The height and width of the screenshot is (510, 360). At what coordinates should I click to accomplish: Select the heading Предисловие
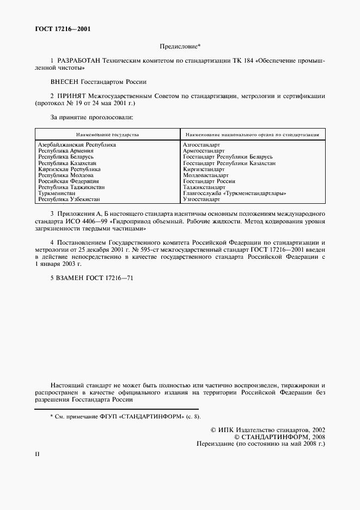pyautogui.click(x=180, y=47)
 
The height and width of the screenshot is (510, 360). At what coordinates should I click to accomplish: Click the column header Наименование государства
pyautogui.click(x=107, y=134)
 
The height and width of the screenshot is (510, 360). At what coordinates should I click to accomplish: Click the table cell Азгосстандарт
pyautogui.click(x=202, y=145)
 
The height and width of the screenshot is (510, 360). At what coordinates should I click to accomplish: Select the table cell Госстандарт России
pyautogui.click(x=209, y=181)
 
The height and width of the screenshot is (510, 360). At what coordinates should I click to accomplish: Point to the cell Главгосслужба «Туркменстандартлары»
pyautogui.click(x=235, y=193)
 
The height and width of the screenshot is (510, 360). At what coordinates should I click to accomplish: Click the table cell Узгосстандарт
pyautogui.click(x=202, y=199)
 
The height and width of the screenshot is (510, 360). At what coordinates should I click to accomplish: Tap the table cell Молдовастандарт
pyautogui.click(x=206, y=175)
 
